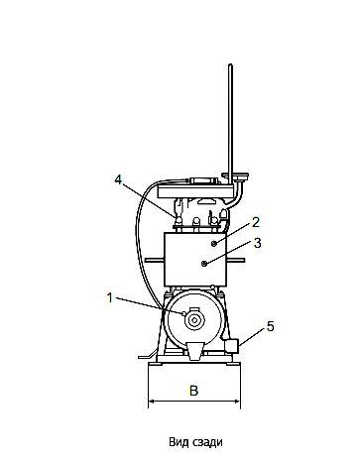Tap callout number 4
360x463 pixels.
[118, 179]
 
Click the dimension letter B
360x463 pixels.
[194, 391]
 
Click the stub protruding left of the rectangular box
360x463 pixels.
[153, 260]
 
